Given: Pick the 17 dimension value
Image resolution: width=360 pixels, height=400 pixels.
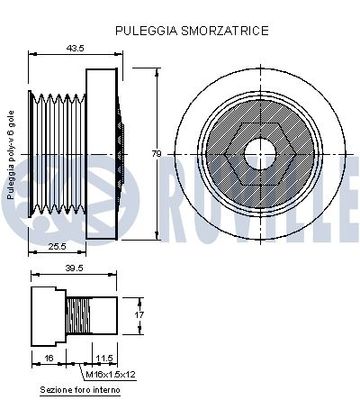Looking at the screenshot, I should point(139,314).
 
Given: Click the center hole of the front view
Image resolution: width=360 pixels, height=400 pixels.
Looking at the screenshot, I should point(263,152).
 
